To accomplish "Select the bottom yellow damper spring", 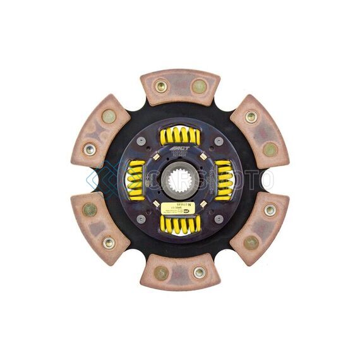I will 180,223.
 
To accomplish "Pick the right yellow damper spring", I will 224,179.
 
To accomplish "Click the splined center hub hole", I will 180,180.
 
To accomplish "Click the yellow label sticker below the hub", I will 179,207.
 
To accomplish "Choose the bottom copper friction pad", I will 180,272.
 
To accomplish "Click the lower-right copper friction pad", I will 260,225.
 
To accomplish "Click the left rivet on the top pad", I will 160,85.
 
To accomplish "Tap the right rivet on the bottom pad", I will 199,272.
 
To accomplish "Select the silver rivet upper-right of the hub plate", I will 219,141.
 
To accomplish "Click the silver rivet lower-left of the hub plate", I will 141,219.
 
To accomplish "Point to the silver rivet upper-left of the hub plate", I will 141,141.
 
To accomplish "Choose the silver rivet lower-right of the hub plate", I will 219,219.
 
